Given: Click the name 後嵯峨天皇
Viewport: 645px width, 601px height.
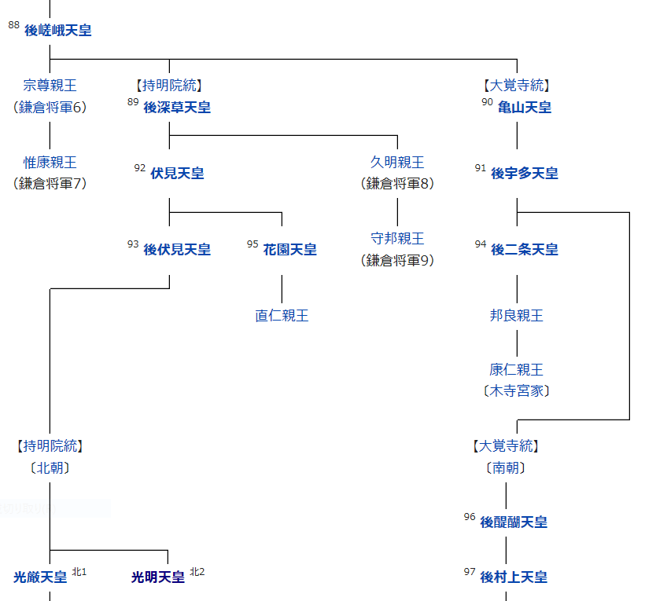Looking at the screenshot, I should [58, 31].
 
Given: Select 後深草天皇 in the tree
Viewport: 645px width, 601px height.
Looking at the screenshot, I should [177, 108].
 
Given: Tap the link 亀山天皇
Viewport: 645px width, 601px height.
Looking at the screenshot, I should [525, 108].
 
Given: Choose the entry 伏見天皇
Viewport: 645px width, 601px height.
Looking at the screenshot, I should [177, 174].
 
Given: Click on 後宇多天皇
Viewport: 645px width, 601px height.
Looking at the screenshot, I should [525, 174].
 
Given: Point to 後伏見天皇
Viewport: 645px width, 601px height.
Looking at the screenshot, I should [177, 250].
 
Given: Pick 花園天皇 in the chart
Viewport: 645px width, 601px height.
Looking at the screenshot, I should [289, 250].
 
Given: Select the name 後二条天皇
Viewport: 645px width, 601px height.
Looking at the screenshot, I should [525, 250].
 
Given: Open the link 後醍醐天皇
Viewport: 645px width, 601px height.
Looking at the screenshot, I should [514, 522].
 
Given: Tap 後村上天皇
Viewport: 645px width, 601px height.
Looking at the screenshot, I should [514, 577].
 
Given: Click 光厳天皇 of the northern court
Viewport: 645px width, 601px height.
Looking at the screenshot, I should [40, 577].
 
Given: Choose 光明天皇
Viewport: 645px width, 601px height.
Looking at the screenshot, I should [158, 577].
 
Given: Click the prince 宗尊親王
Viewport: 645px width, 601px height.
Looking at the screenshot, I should [50, 86].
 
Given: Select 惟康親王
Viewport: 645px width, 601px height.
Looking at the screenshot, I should [50, 163].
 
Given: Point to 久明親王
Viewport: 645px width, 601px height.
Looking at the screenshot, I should [397, 163].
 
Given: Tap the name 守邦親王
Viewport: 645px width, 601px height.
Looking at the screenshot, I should [397, 239].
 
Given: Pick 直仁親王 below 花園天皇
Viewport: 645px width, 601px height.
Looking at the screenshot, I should [282, 316].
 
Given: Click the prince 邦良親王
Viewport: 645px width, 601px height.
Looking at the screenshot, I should [517, 316].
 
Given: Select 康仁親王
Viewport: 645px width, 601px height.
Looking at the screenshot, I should [517, 369].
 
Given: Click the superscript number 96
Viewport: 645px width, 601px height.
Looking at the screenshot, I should [470, 517].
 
